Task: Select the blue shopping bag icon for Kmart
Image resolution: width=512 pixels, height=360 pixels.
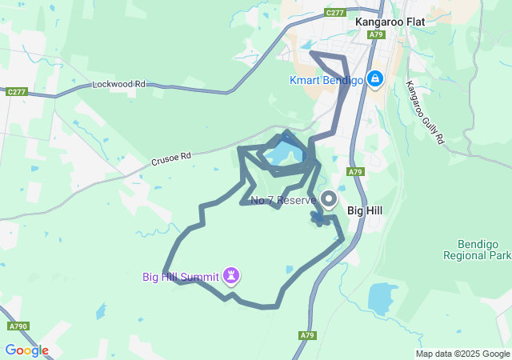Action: pyautogui.click(x=374, y=78)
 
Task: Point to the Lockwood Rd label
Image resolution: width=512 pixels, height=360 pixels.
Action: pyautogui.click(x=118, y=83)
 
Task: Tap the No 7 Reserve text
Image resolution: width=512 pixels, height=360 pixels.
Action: pyautogui.click(x=283, y=200)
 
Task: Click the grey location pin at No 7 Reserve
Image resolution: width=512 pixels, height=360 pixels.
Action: pyautogui.click(x=329, y=198)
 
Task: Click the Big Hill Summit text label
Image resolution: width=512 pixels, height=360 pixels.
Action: pyautogui.click(x=181, y=278)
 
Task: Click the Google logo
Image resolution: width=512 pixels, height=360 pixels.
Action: pyautogui.click(x=26, y=350)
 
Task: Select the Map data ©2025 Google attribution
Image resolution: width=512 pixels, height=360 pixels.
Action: pyautogui.click(x=462, y=354)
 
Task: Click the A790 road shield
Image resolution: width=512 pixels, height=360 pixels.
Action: pyautogui.click(x=18, y=326)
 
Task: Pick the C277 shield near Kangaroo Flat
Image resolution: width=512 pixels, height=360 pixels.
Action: pyautogui.click(x=335, y=12)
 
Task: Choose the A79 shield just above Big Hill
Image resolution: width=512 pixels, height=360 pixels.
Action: pyautogui.click(x=356, y=171)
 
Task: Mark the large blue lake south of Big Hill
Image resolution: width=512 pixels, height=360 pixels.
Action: pyautogui.click(x=382, y=298)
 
